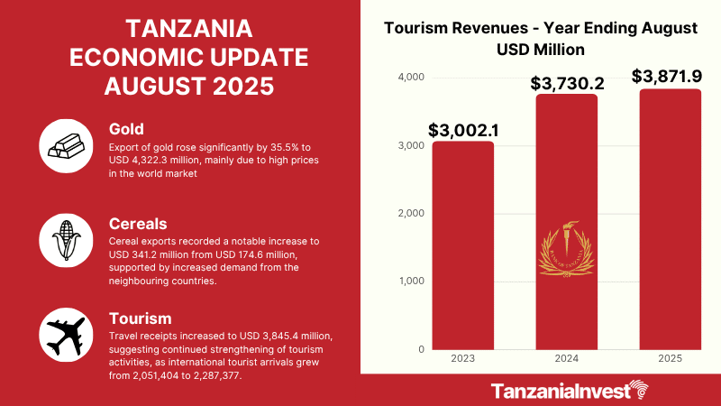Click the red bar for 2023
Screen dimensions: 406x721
click(463, 245)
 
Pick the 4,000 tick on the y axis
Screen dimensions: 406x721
click(411, 78)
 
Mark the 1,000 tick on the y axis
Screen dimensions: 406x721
click(411, 281)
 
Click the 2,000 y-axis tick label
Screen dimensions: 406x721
click(411, 214)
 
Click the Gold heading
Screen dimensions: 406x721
click(125, 129)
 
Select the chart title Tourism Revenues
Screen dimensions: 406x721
click(540, 28)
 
